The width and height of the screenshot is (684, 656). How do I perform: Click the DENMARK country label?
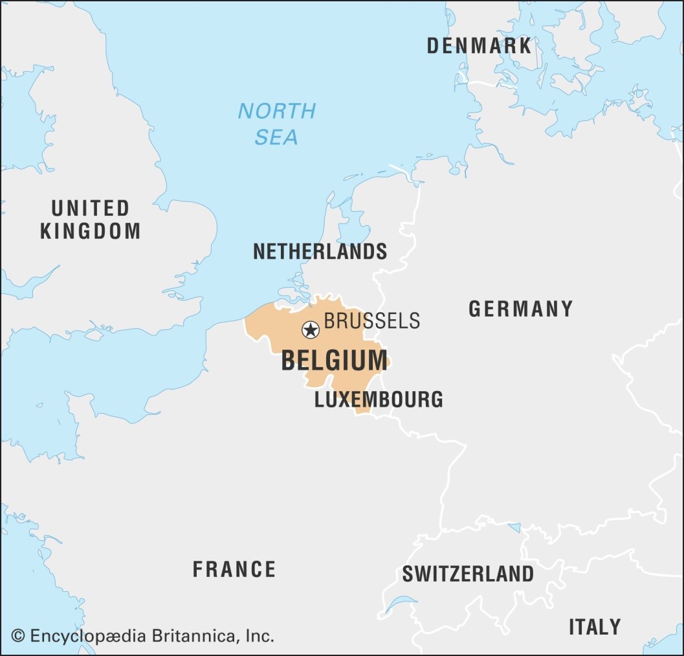(479, 46)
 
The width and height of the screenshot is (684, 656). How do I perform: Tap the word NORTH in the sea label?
(276, 111)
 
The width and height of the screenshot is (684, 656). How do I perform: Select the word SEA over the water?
(276, 137)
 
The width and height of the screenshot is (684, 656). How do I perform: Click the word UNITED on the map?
(90, 209)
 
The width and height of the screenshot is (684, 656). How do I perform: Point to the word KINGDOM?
(90, 231)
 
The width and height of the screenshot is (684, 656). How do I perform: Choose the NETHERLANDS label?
(320, 251)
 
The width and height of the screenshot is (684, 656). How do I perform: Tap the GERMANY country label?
(520, 310)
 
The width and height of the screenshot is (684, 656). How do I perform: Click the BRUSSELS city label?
(371, 321)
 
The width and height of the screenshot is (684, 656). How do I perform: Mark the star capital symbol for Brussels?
(311, 330)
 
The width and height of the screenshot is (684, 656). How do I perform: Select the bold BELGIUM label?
(334, 361)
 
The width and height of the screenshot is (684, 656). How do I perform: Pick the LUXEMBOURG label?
(379, 400)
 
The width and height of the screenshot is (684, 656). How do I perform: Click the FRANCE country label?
(234, 570)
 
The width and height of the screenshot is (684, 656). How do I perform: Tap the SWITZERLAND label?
(468, 574)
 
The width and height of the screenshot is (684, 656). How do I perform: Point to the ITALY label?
(594, 627)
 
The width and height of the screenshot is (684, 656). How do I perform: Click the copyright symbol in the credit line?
(18, 636)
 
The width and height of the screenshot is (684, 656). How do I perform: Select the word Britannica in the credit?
(195, 636)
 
